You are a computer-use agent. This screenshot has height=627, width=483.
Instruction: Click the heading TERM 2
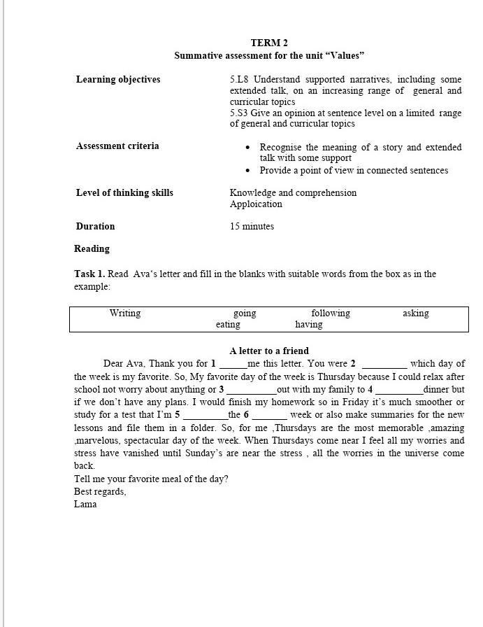coord(269,43)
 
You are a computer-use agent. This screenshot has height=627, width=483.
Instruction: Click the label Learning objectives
coord(118,79)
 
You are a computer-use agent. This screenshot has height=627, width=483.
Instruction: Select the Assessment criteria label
coord(117,146)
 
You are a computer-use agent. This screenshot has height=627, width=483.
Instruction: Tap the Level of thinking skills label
coord(124,192)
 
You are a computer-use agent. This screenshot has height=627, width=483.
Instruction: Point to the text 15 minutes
coord(252,226)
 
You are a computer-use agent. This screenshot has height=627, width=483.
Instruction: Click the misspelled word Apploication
coord(256,204)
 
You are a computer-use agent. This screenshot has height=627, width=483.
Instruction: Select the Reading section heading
coord(92,248)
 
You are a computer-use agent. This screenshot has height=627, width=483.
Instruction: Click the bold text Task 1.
coord(89,274)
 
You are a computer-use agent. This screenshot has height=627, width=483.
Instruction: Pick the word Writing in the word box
coord(125,313)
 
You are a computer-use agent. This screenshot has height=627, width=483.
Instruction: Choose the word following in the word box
coord(331,313)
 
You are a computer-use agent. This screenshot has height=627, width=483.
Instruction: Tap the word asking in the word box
coord(416,313)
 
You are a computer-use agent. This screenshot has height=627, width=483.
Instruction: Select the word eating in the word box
coord(228,325)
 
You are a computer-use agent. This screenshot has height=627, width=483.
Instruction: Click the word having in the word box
coord(309,325)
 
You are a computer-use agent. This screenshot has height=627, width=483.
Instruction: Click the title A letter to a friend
coord(269,351)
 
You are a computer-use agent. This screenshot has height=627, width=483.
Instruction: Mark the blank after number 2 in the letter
coord(384,365)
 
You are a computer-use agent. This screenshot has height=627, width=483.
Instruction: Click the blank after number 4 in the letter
coord(399,390)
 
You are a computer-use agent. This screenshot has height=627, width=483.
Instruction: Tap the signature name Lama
coord(85,504)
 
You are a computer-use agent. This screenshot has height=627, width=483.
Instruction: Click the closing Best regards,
coord(100,491)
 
